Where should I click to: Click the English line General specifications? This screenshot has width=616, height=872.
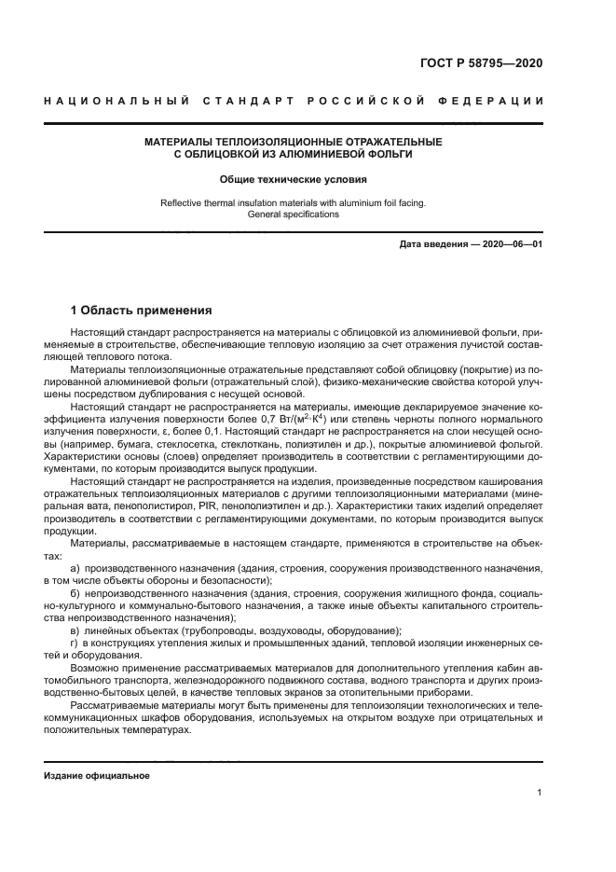[x=293, y=214]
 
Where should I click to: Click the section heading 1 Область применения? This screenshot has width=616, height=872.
[x=142, y=310]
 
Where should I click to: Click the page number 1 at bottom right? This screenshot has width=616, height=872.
[x=540, y=793]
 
